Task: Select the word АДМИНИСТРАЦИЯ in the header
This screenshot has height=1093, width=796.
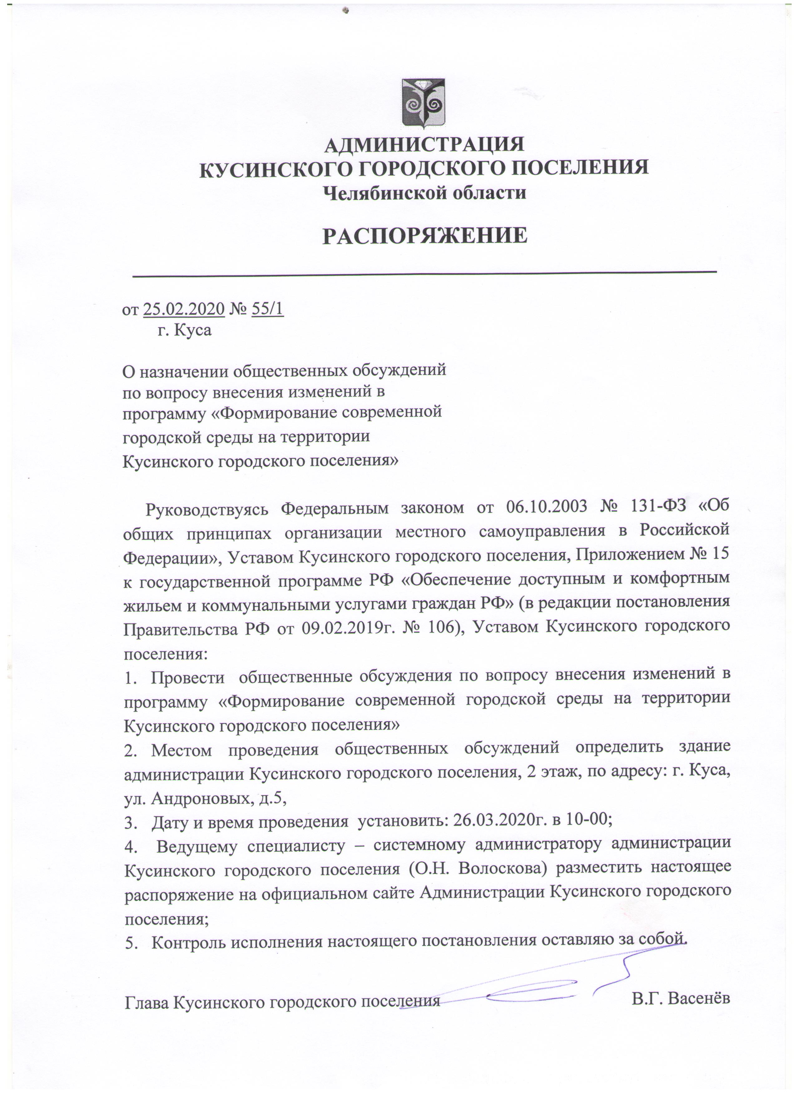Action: pyautogui.click(x=424, y=144)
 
